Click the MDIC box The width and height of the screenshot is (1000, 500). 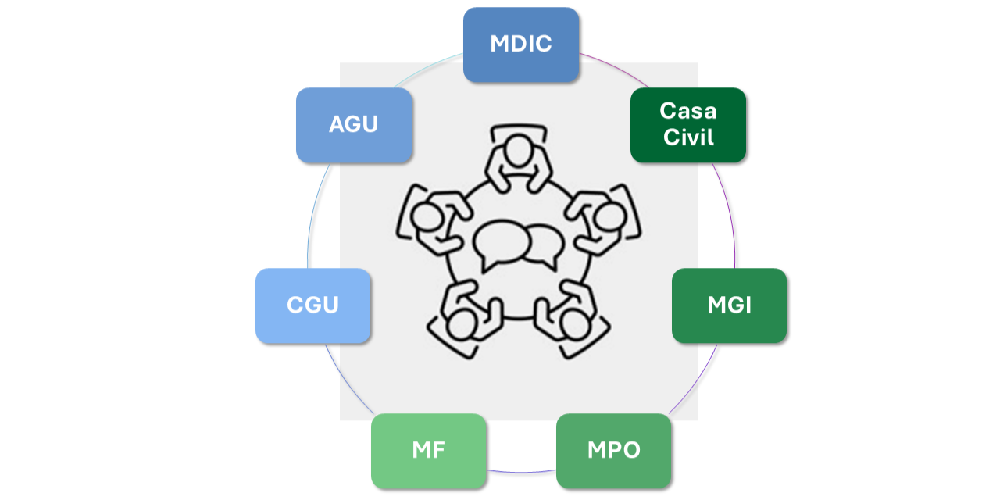[521, 45]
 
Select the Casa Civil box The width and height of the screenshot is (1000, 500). [688, 125]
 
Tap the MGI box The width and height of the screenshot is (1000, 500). [729, 305]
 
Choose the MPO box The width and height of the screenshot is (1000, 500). [613, 451]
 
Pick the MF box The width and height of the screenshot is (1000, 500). [429, 451]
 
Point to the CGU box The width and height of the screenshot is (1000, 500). [313, 305]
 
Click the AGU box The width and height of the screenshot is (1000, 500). [354, 125]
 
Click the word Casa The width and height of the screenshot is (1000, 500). [688, 111]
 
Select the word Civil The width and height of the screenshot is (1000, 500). [688, 137]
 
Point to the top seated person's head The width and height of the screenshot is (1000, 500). [518, 151]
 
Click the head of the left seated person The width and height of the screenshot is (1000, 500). [427, 217]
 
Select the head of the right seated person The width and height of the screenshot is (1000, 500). [610, 217]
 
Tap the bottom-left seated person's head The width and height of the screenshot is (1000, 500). [462, 324]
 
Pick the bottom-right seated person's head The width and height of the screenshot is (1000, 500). [576, 324]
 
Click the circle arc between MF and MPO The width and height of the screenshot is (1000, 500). [521, 472]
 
